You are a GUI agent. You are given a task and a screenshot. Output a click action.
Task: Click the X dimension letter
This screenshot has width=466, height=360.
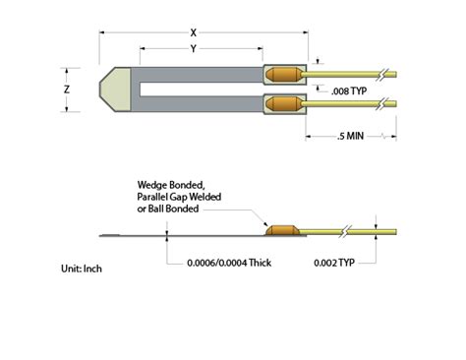pyautogui.click(x=194, y=32)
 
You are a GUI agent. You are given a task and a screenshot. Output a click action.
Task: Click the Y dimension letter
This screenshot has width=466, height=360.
pyautogui.click(x=194, y=49)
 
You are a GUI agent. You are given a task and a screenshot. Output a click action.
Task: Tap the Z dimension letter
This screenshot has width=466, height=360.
pyautogui.click(x=67, y=90)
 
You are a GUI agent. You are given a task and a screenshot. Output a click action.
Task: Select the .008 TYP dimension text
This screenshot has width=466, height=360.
pyautogui.click(x=349, y=91)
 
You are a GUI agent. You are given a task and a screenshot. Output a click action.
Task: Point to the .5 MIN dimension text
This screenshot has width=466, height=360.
pyautogui.click(x=350, y=136)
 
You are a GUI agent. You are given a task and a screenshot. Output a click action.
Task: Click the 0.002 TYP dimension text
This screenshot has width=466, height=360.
pyautogui.click(x=334, y=263)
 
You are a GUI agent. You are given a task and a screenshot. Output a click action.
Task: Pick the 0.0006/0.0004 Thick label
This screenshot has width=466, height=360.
pyautogui.click(x=229, y=263)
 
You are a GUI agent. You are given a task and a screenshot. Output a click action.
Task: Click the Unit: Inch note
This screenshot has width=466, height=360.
pyautogui.click(x=82, y=269)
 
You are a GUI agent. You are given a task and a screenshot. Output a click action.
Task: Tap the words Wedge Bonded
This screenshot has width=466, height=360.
pyautogui.click(x=171, y=185)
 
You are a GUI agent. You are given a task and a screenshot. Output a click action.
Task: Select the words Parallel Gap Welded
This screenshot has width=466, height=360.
pyautogui.click(x=179, y=197)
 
